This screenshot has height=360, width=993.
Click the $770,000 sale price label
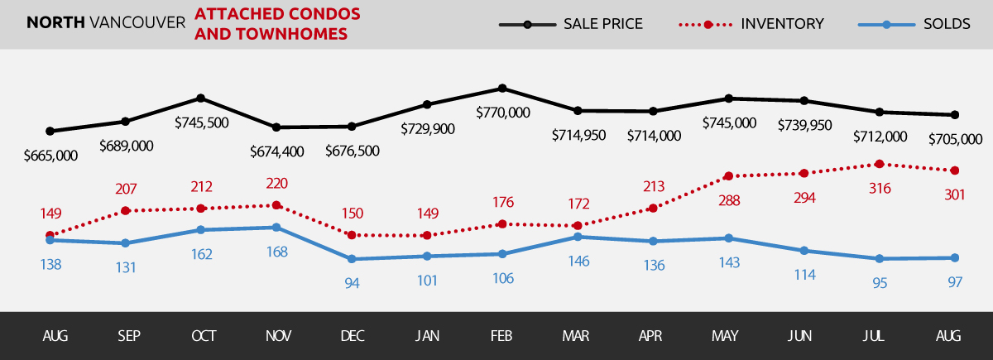click(x=503, y=113)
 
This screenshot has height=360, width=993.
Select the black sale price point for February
click(x=502, y=88)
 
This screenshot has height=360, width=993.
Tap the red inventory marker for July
click(x=879, y=164)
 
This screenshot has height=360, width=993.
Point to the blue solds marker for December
click(x=352, y=259)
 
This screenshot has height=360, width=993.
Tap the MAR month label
click(x=577, y=336)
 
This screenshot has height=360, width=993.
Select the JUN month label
click(x=800, y=336)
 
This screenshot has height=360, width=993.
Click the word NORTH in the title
click(x=53, y=23)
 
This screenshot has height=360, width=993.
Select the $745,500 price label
click(x=202, y=122)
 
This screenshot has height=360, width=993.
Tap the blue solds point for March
click(x=577, y=237)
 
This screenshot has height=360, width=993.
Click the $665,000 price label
click(x=50, y=155)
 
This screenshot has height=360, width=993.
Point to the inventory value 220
click(x=276, y=183)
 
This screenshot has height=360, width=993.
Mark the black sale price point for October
click(x=201, y=98)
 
